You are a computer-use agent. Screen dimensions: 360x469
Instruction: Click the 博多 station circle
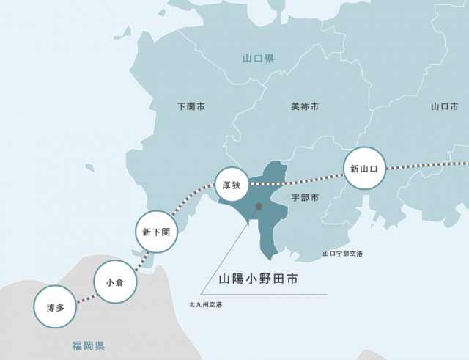55,306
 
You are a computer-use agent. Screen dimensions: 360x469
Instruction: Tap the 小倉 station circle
115,282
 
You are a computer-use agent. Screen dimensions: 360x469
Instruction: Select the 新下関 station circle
156,232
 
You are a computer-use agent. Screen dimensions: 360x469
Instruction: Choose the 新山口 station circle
364,169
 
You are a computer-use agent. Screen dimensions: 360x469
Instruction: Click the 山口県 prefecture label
258,58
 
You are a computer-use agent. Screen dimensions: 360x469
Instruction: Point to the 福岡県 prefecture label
89,345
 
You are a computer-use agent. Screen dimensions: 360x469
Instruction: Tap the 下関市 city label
191,107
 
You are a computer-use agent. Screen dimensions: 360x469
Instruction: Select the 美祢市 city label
305,107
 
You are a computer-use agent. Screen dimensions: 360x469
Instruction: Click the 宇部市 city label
305,198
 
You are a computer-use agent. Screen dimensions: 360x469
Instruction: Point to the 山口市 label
444,107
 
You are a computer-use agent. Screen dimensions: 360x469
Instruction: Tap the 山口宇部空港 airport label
343,254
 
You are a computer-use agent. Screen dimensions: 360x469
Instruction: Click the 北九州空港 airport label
205,304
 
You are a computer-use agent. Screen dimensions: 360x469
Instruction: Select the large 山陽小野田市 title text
258,279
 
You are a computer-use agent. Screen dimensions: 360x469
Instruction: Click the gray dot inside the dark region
258,207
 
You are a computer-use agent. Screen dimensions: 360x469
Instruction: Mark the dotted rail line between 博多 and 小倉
85,295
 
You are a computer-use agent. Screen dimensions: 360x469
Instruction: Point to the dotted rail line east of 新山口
429,166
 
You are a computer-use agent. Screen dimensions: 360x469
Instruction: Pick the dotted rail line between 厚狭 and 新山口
300,180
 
